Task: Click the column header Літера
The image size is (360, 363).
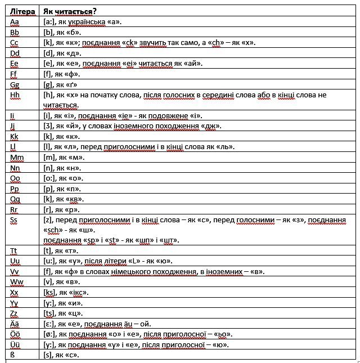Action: [x=23, y=12]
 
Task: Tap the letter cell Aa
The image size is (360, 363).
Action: [x=15, y=22]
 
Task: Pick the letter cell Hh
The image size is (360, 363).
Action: [x=16, y=95]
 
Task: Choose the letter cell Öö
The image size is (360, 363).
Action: [x=16, y=334]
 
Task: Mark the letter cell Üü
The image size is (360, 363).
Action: [x=16, y=344]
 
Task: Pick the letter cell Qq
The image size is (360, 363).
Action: [x=16, y=199]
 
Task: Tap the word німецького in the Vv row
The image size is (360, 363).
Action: [x=137, y=272]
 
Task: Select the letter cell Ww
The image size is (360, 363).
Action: [x=17, y=283]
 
